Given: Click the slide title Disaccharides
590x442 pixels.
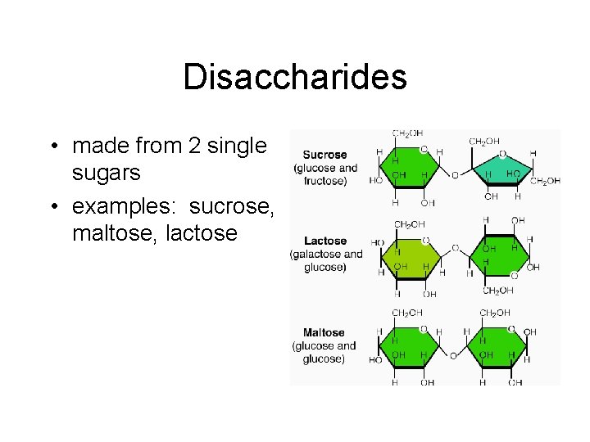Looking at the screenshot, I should pyautogui.click(x=295, y=78).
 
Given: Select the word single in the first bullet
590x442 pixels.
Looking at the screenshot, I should pyautogui.click(x=238, y=147).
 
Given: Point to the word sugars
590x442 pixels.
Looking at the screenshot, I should pyautogui.click(x=107, y=174).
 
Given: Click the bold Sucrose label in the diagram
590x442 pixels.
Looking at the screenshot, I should pyautogui.click(x=324, y=155).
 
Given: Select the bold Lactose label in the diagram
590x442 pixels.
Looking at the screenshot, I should pyautogui.click(x=325, y=241).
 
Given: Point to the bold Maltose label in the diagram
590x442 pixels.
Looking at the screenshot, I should pyautogui.click(x=324, y=333).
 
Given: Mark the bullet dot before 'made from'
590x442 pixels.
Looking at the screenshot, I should pyautogui.click(x=52, y=147).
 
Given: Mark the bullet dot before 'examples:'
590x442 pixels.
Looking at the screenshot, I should pyautogui.click(x=52, y=208).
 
